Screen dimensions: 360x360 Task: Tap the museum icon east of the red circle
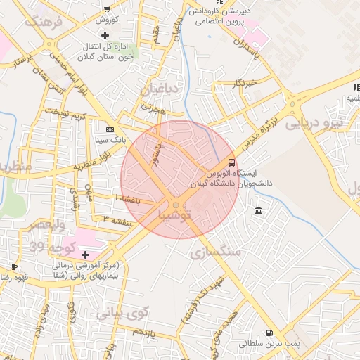click(259, 212)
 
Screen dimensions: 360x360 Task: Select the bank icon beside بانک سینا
click(110, 129)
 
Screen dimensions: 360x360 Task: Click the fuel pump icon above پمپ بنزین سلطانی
click(268, 333)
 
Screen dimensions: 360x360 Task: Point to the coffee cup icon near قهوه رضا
click(15, 267)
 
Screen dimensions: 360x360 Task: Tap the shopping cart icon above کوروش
click(107, 9)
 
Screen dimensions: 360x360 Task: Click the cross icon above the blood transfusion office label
click(105, 35)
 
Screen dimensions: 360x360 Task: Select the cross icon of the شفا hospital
click(86, 255)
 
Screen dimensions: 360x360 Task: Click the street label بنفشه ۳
click(117, 221)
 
